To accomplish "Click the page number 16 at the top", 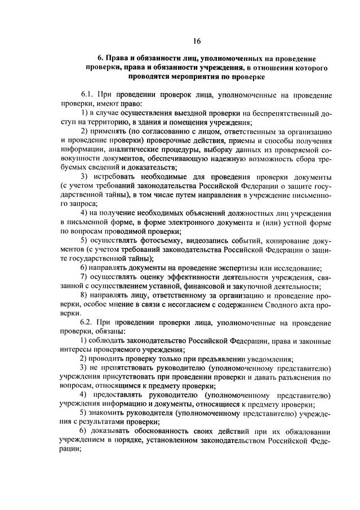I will tap(196, 41).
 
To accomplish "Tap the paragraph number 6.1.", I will tap(90, 95).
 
